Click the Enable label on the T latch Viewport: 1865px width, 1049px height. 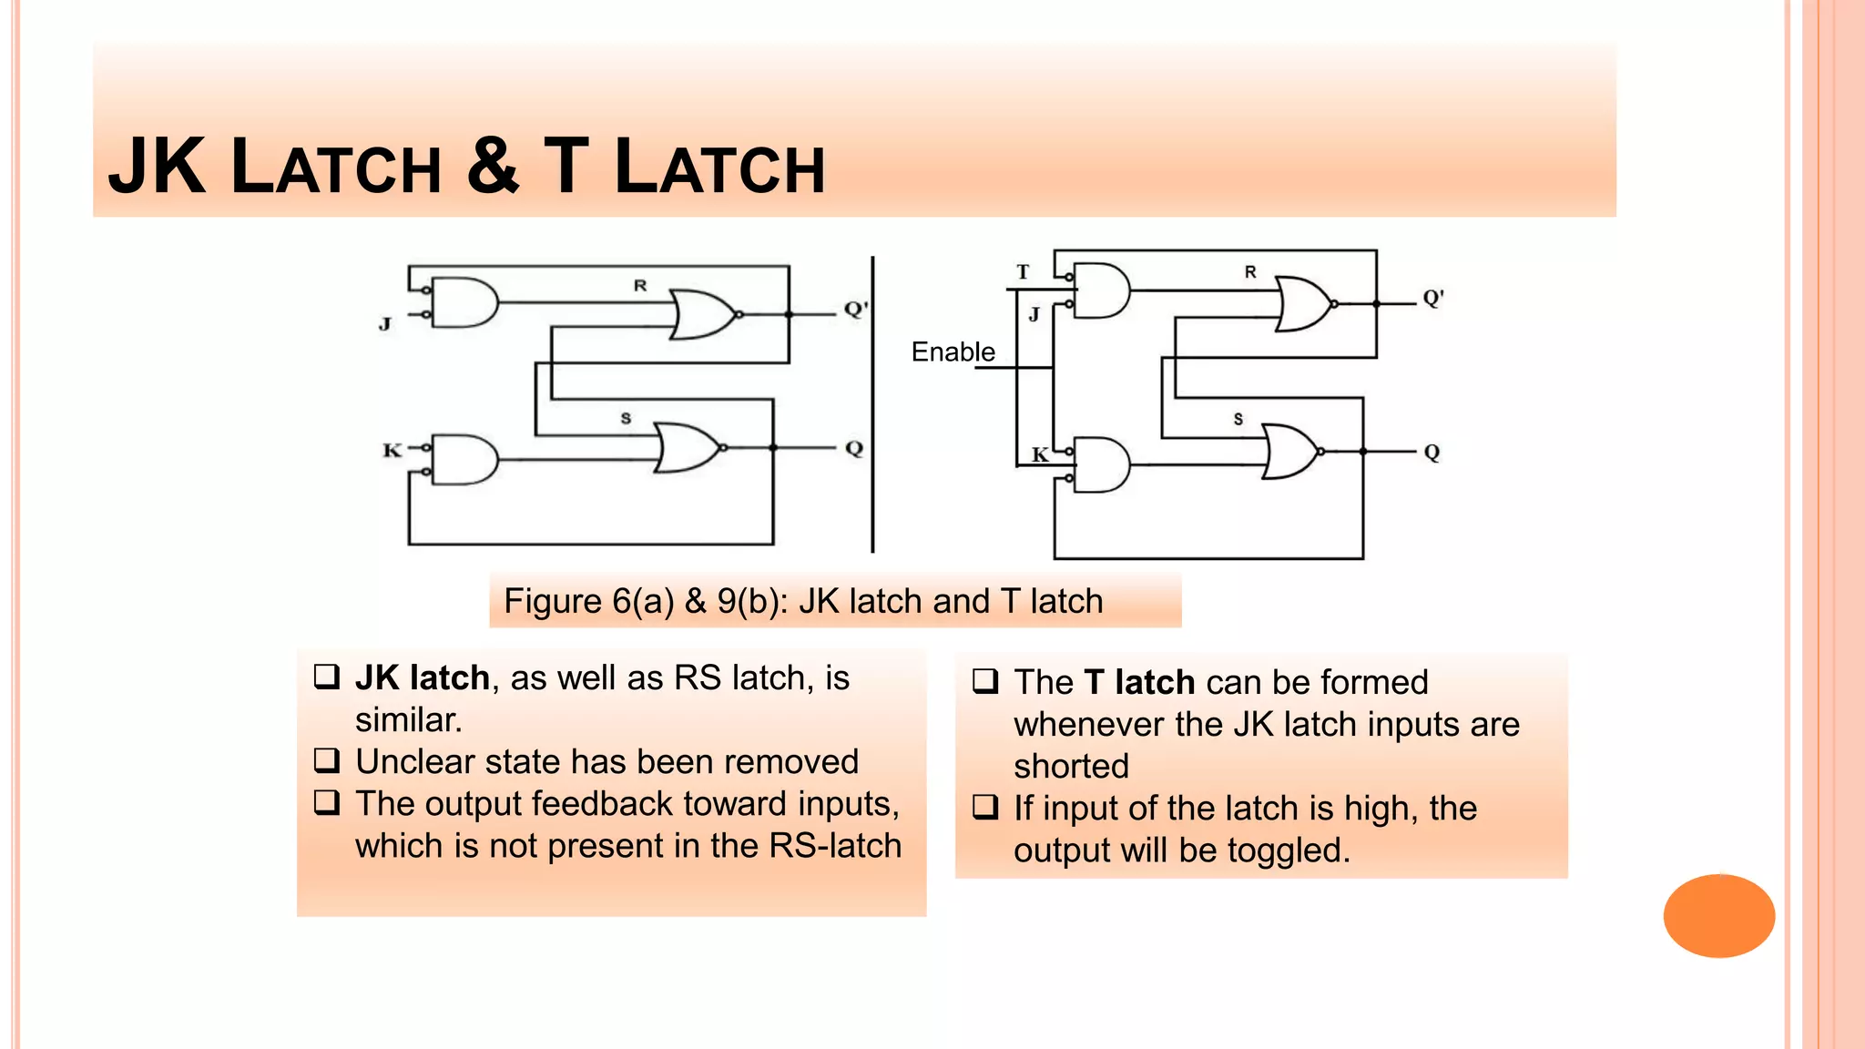[x=953, y=351]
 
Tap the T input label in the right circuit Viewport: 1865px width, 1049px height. [x=1023, y=271]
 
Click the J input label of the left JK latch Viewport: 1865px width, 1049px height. [x=385, y=323]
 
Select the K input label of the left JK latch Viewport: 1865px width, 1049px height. [x=392, y=450]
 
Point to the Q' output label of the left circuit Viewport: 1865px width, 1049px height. [x=855, y=309]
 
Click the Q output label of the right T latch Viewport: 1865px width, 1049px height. [x=1432, y=453]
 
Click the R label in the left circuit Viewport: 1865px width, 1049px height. [x=640, y=285]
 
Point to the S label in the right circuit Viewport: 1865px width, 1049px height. [x=1238, y=419]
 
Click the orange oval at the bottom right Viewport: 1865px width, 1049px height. [x=1718, y=915]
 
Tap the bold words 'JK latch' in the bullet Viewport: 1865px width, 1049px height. [x=423, y=677]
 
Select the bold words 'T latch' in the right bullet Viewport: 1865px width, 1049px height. [x=1139, y=682]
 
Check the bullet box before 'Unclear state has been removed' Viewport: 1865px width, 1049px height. [x=327, y=759]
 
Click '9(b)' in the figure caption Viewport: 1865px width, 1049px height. [x=751, y=601]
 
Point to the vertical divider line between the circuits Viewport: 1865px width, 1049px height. [x=872, y=404]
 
